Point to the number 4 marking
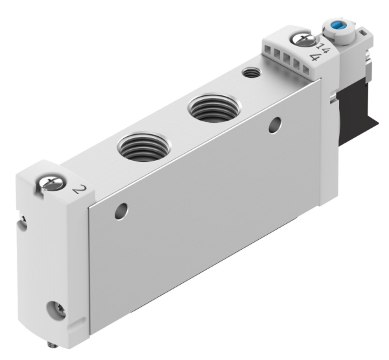point(316,58)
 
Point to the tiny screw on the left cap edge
point(23,224)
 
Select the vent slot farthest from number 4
point(267,49)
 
